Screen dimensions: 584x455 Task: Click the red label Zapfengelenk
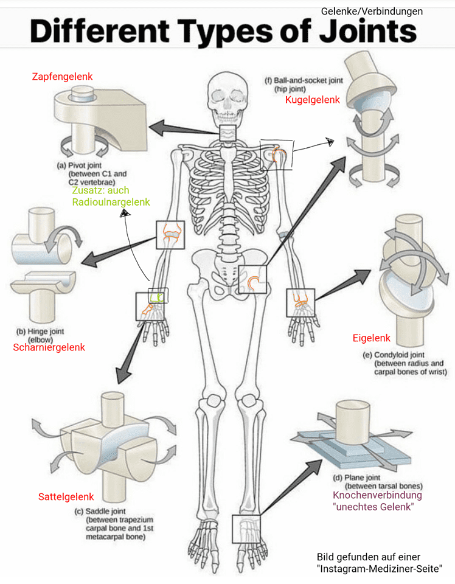pyautogui.click(x=62, y=77)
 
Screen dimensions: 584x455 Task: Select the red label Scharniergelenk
pyautogui.click(x=49, y=347)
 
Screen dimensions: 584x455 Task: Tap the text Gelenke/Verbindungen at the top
pyautogui.click(x=372, y=11)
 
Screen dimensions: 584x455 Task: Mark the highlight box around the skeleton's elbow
pyautogui.click(x=169, y=235)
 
